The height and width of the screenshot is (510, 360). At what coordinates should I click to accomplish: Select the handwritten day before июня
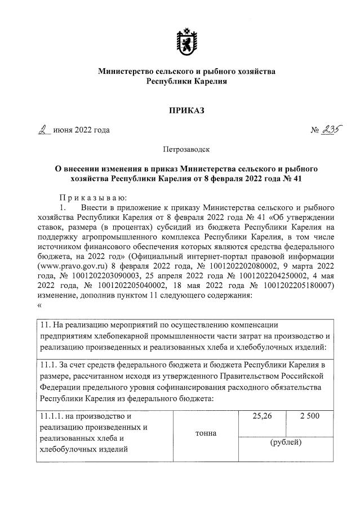pyautogui.click(x=42, y=130)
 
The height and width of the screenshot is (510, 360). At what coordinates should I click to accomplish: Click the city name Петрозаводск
pyautogui.click(x=179, y=150)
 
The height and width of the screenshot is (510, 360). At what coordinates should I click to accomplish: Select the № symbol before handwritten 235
pyautogui.click(x=315, y=131)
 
